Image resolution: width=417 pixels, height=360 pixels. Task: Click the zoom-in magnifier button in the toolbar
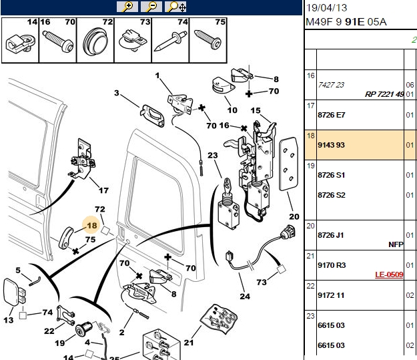(x=127, y=7)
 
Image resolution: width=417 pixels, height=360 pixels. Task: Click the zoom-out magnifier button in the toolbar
(x=151, y=7)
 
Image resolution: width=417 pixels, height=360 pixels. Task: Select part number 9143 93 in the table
(x=331, y=145)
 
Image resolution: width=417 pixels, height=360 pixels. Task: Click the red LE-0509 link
(x=389, y=275)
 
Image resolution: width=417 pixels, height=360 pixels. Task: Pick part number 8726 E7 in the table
(x=332, y=115)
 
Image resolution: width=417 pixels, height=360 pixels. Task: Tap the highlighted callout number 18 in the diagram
(x=92, y=226)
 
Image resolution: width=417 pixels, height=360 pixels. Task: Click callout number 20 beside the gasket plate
(x=294, y=216)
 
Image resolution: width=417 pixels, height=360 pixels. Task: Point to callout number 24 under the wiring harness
(x=245, y=297)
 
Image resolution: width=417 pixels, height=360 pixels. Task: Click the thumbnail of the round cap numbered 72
(x=95, y=40)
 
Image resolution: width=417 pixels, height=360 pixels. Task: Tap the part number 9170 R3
(x=332, y=265)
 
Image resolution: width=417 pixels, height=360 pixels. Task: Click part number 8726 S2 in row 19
(x=332, y=195)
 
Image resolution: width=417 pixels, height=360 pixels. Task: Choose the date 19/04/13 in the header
(x=326, y=8)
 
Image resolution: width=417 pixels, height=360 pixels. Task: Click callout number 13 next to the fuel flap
(x=8, y=320)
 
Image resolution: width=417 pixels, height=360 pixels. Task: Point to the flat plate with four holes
(x=288, y=164)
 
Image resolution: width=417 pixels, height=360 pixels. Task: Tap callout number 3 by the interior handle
(x=117, y=93)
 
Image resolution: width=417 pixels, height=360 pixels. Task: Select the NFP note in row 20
(x=396, y=244)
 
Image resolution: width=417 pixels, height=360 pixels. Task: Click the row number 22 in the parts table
(x=310, y=286)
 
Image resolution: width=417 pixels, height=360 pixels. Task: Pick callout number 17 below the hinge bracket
(x=103, y=190)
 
